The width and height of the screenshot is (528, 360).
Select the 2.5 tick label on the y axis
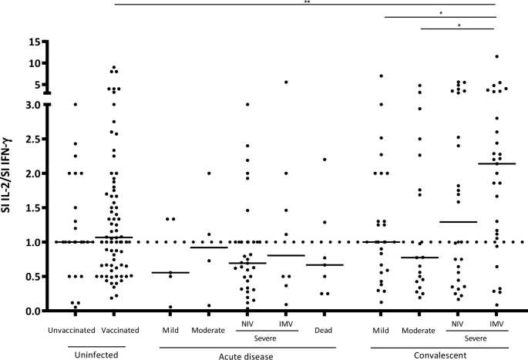pyautogui.click(x=30, y=139)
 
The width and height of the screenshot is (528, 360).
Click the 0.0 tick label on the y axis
pyautogui.click(x=30, y=311)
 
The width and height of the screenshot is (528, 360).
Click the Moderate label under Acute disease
pyautogui.click(x=209, y=330)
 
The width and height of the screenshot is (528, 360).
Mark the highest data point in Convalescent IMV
pyautogui.click(x=497, y=56)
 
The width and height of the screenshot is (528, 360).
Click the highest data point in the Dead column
pyautogui.click(x=325, y=160)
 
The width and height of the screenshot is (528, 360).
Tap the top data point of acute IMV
pyautogui.click(x=286, y=82)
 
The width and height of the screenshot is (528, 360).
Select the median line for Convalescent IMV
pyautogui.click(x=497, y=163)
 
